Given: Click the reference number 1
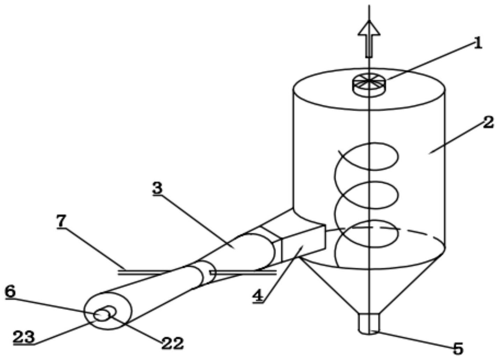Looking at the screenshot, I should click(478, 44).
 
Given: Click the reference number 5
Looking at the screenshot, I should click(458, 348).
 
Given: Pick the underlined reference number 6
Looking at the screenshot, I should click(10, 291).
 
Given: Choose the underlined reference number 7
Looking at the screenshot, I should click(62, 221).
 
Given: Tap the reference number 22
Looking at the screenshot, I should click(172, 343).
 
